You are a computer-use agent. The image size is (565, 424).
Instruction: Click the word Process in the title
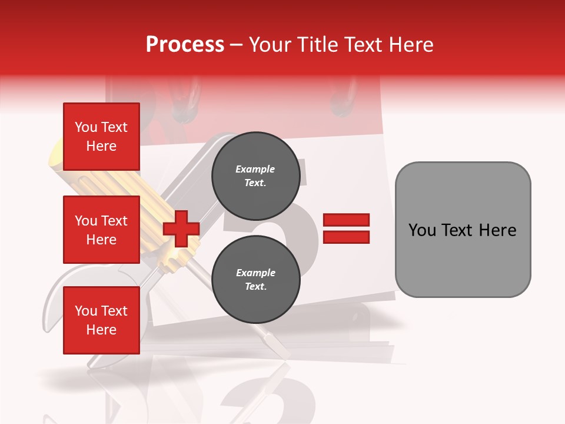pyautogui.click(x=185, y=45)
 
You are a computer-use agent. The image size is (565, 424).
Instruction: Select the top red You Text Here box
pyautogui.click(x=101, y=137)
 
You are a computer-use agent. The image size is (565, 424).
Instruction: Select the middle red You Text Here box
pyautogui.click(x=101, y=230)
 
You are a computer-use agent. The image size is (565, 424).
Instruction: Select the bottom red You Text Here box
pyautogui.click(x=101, y=320)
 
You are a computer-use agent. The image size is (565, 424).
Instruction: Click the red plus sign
pyautogui.click(x=181, y=228)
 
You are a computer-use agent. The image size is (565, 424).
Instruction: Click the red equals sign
pyautogui.click(x=347, y=228)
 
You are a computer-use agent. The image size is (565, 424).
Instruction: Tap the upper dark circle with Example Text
pyautogui.click(x=255, y=176)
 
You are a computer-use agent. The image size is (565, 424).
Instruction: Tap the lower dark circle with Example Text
pyautogui.click(x=255, y=280)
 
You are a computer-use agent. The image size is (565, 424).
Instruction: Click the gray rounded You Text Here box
pyautogui.click(x=463, y=230)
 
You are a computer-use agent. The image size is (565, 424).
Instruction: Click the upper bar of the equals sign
pyautogui.click(x=347, y=220)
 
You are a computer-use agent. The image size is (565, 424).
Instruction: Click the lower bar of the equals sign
pyautogui.click(x=347, y=237)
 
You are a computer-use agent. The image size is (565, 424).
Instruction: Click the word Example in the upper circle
pyautogui.click(x=255, y=169)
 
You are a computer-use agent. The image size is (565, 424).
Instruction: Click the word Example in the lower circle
pyautogui.click(x=255, y=273)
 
